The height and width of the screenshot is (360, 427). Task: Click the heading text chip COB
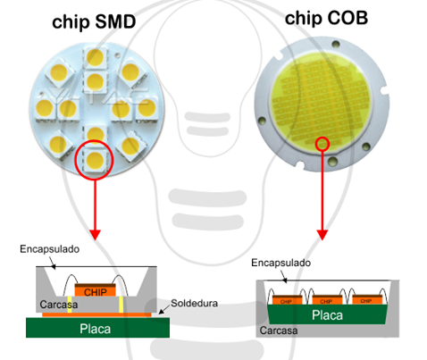click(x=326, y=18)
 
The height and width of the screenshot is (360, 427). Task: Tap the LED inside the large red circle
click(x=94, y=160)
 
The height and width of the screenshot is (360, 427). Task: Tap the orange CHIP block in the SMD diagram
click(x=92, y=291)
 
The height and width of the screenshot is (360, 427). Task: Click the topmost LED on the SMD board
click(x=94, y=60)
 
